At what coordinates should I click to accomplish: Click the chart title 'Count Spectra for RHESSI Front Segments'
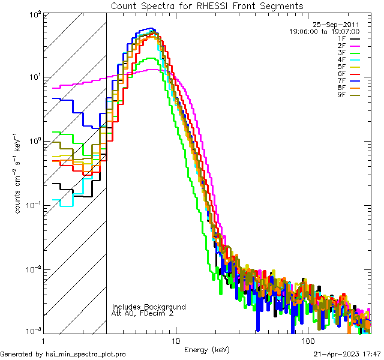207,5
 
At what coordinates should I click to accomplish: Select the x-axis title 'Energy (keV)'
206,349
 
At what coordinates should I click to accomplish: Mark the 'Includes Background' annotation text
149,307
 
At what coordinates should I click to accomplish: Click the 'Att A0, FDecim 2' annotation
143,313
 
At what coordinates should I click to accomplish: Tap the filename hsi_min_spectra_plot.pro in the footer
86,354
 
